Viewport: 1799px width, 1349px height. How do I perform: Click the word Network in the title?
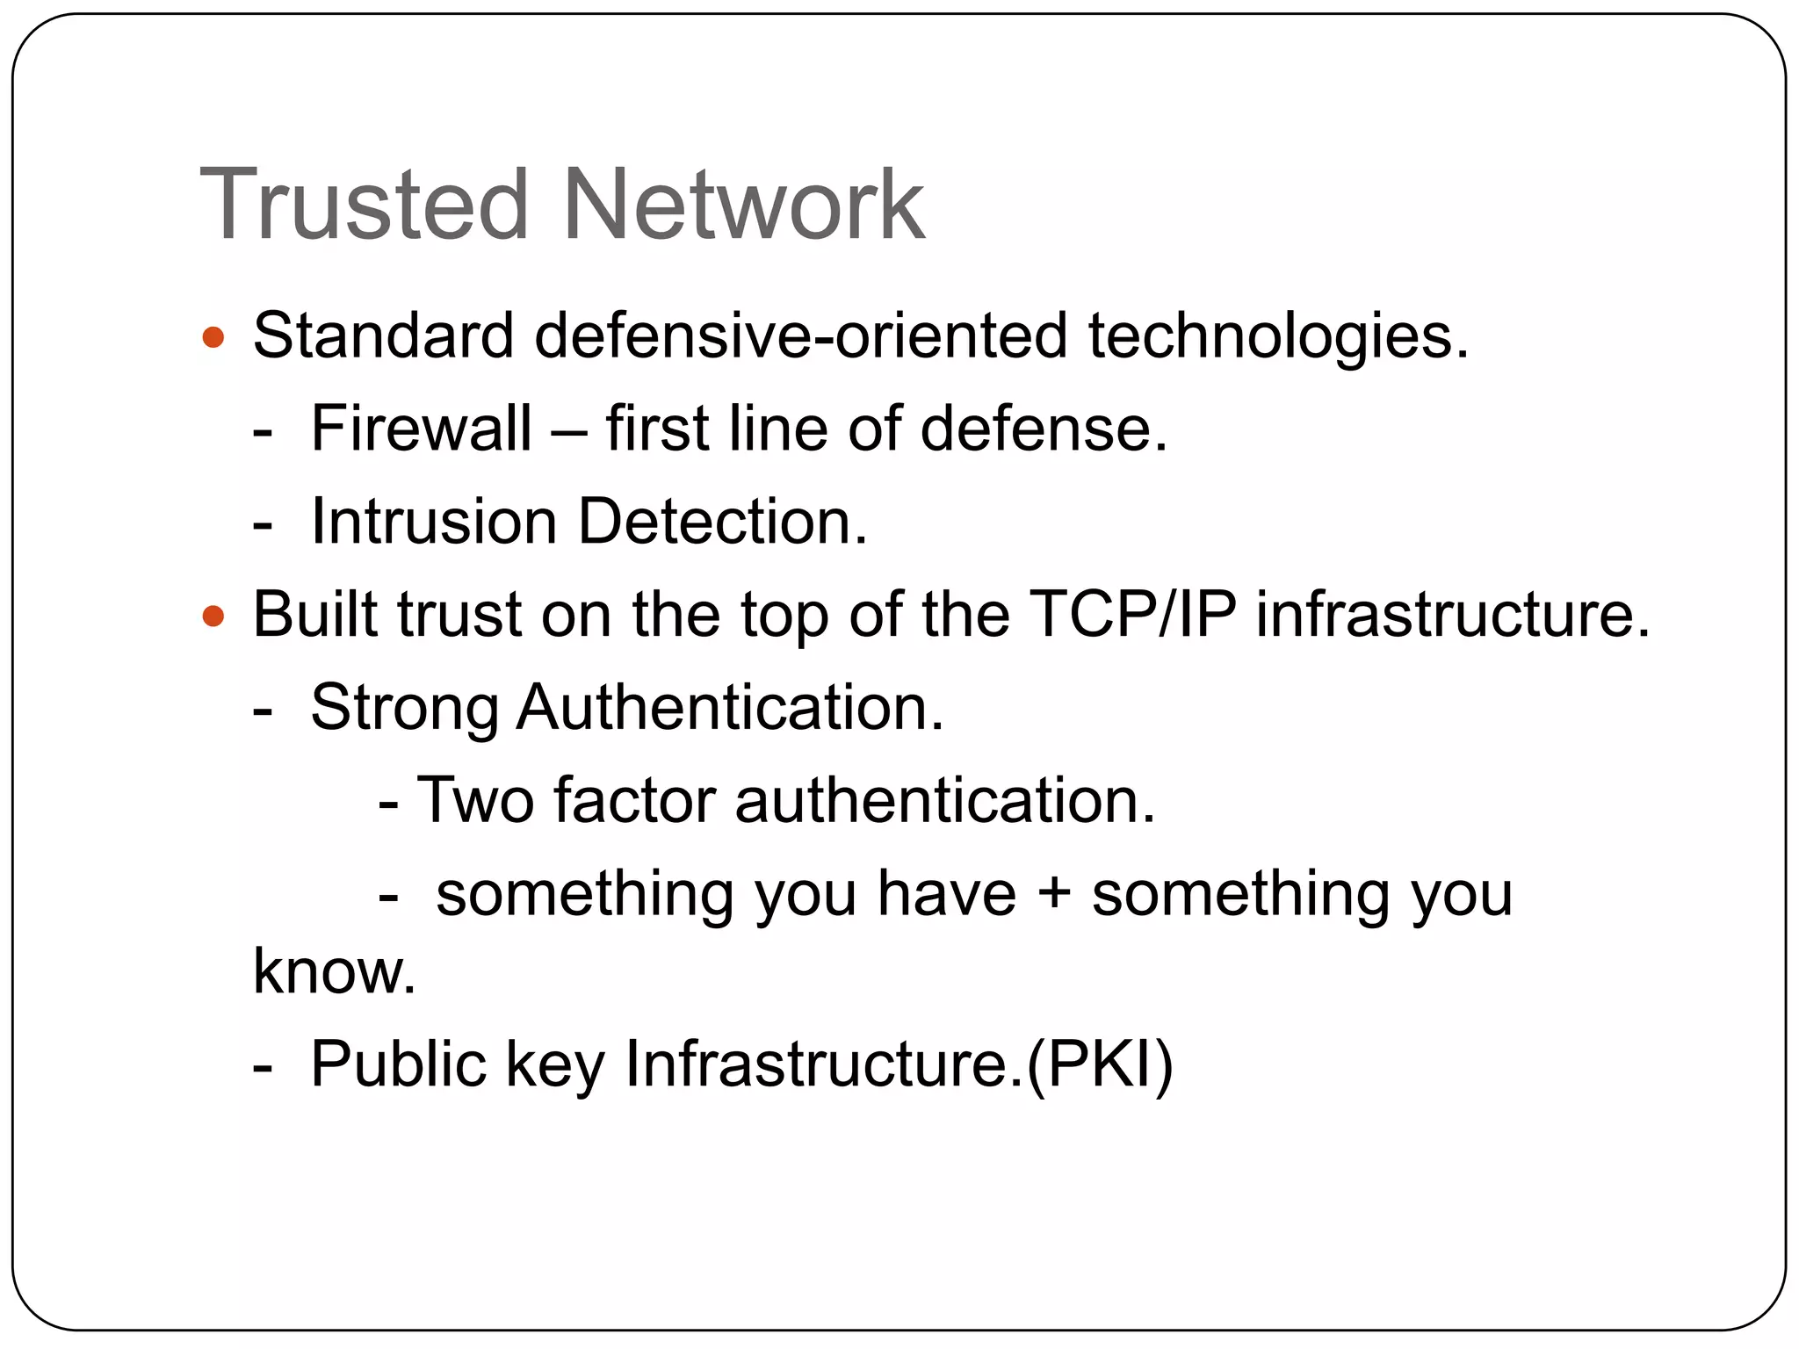click(x=743, y=205)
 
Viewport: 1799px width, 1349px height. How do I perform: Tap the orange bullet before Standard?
click(x=213, y=337)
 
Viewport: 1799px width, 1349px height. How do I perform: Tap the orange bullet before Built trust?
click(x=213, y=616)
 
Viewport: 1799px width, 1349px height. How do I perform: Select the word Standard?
click(x=383, y=335)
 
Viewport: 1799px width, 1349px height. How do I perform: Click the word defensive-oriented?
click(x=800, y=335)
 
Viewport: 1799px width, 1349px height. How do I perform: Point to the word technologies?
click(x=1278, y=337)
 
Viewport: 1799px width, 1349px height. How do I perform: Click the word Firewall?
click(x=421, y=429)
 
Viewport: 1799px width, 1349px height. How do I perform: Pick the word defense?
click(x=1044, y=429)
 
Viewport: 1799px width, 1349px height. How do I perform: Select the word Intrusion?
click(x=434, y=522)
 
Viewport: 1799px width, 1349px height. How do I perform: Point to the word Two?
click(x=474, y=801)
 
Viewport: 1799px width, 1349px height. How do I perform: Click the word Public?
click(x=398, y=1064)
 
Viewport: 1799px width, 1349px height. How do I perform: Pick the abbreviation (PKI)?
click(x=1100, y=1064)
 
